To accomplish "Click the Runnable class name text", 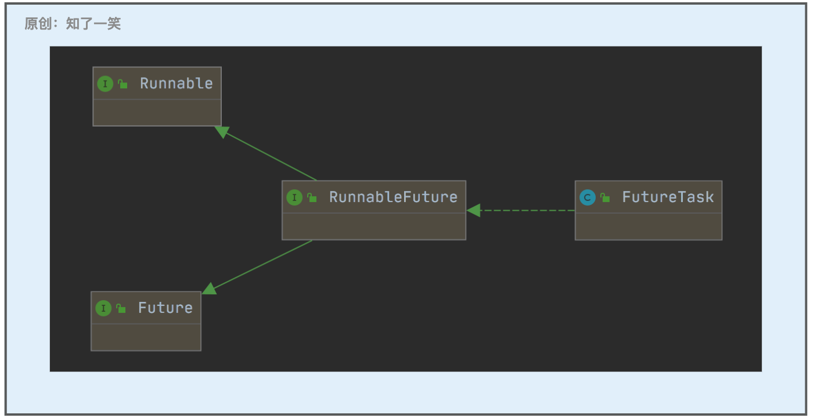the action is point(177,84).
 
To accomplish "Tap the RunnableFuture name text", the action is point(393,197).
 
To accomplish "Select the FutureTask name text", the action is point(668,197).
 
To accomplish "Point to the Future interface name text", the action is point(165,308).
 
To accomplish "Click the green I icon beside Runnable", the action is point(105,84).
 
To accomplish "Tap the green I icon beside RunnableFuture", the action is point(294,197).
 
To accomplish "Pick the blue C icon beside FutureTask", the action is point(588,198).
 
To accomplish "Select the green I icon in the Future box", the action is point(103,308).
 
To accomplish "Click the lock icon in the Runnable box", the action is point(123,84).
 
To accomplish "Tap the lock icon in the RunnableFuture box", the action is point(312,198).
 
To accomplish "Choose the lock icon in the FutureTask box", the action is point(605,198).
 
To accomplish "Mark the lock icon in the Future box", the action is point(121,308).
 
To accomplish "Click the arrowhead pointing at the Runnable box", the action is point(221,131).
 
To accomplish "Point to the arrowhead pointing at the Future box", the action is point(210,289).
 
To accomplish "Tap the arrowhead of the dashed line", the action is point(474,211).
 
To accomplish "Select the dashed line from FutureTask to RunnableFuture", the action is point(521,211).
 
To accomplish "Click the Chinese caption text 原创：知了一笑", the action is point(73,24).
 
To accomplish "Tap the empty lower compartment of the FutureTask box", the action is point(649,226).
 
